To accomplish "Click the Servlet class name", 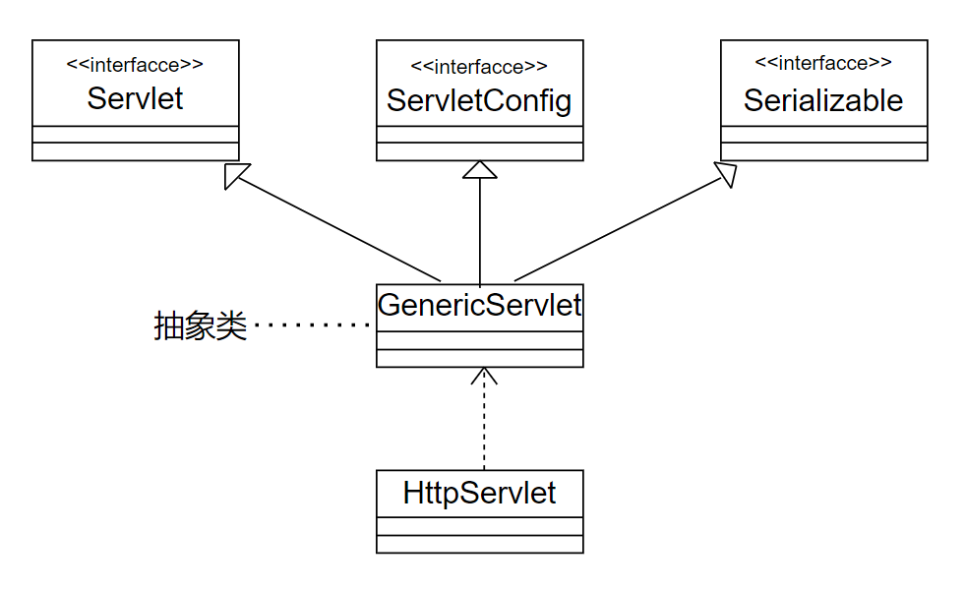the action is (x=135, y=98).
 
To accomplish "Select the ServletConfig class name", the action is (x=479, y=100).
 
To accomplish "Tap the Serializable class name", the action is (x=823, y=100).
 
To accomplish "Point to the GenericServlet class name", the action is (x=479, y=305).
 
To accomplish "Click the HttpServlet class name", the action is (x=479, y=493).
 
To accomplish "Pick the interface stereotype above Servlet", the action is (x=135, y=65).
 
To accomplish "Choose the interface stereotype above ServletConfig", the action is (x=479, y=67).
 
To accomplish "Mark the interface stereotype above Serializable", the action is (x=823, y=62).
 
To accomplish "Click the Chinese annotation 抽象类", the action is (x=200, y=325).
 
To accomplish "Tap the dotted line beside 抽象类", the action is (x=312, y=324).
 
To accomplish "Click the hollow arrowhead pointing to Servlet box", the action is (x=236, y=175).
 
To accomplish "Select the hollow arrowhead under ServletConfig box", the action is (x=480, y=170).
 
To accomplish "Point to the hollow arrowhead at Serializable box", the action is (x=726, y=174).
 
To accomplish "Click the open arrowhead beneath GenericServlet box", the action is (x=484, y=376).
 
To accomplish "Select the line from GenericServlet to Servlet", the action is (x=337, y=229).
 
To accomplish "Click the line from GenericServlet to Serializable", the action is (x=619, y=229).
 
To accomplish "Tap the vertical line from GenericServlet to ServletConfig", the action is (x=480, y=231).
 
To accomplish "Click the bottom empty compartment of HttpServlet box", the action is (x=480, y=544).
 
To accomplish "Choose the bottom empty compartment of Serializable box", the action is (x=824, y=151).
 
